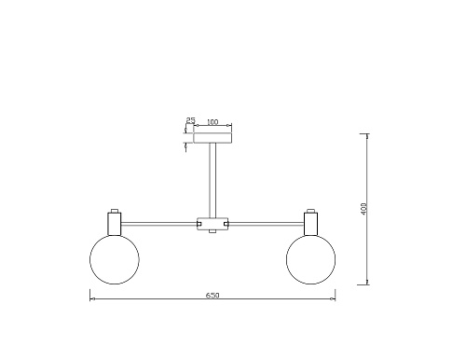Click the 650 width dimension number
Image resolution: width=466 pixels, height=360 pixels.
coord(212,296)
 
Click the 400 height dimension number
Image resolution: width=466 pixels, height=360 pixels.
coord(364,208)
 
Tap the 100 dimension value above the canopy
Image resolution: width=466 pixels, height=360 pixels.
coord(212,122)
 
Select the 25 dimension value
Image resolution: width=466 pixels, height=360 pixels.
coord(190,120)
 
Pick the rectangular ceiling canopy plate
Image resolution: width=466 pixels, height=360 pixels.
coord(212,137)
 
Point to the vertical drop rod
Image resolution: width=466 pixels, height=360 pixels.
coord(212,180)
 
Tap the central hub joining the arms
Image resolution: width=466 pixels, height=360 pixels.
coord(212,223)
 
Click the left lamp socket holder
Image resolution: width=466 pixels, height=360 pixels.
coord(115,224)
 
